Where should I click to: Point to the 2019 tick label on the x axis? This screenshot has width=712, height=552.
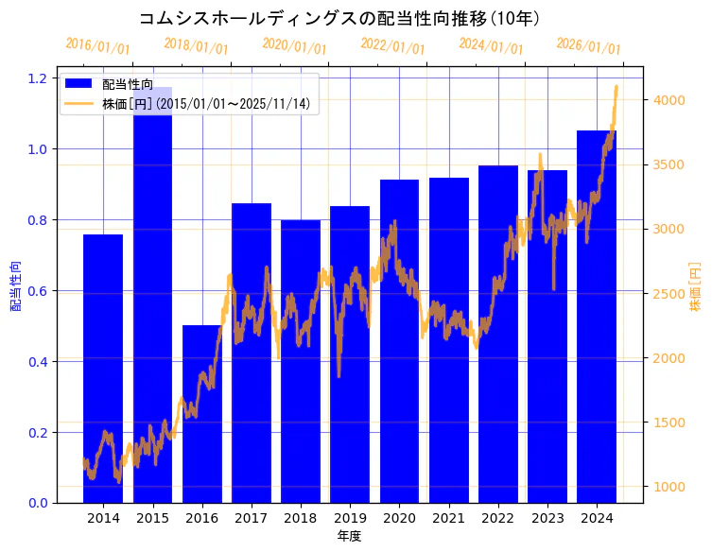350,518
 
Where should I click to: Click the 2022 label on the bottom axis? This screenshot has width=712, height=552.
498,518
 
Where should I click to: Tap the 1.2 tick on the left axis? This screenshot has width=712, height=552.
39,78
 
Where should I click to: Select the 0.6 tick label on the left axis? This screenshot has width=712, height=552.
39,291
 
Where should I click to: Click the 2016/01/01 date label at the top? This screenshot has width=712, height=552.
98,46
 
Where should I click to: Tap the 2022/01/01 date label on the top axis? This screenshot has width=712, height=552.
393,46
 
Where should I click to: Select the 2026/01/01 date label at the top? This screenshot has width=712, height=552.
589,46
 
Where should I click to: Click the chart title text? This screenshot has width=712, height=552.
339,18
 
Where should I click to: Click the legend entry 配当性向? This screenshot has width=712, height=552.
128,85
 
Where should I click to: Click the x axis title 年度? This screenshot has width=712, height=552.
349,536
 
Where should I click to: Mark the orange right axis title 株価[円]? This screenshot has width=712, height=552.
696,289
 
